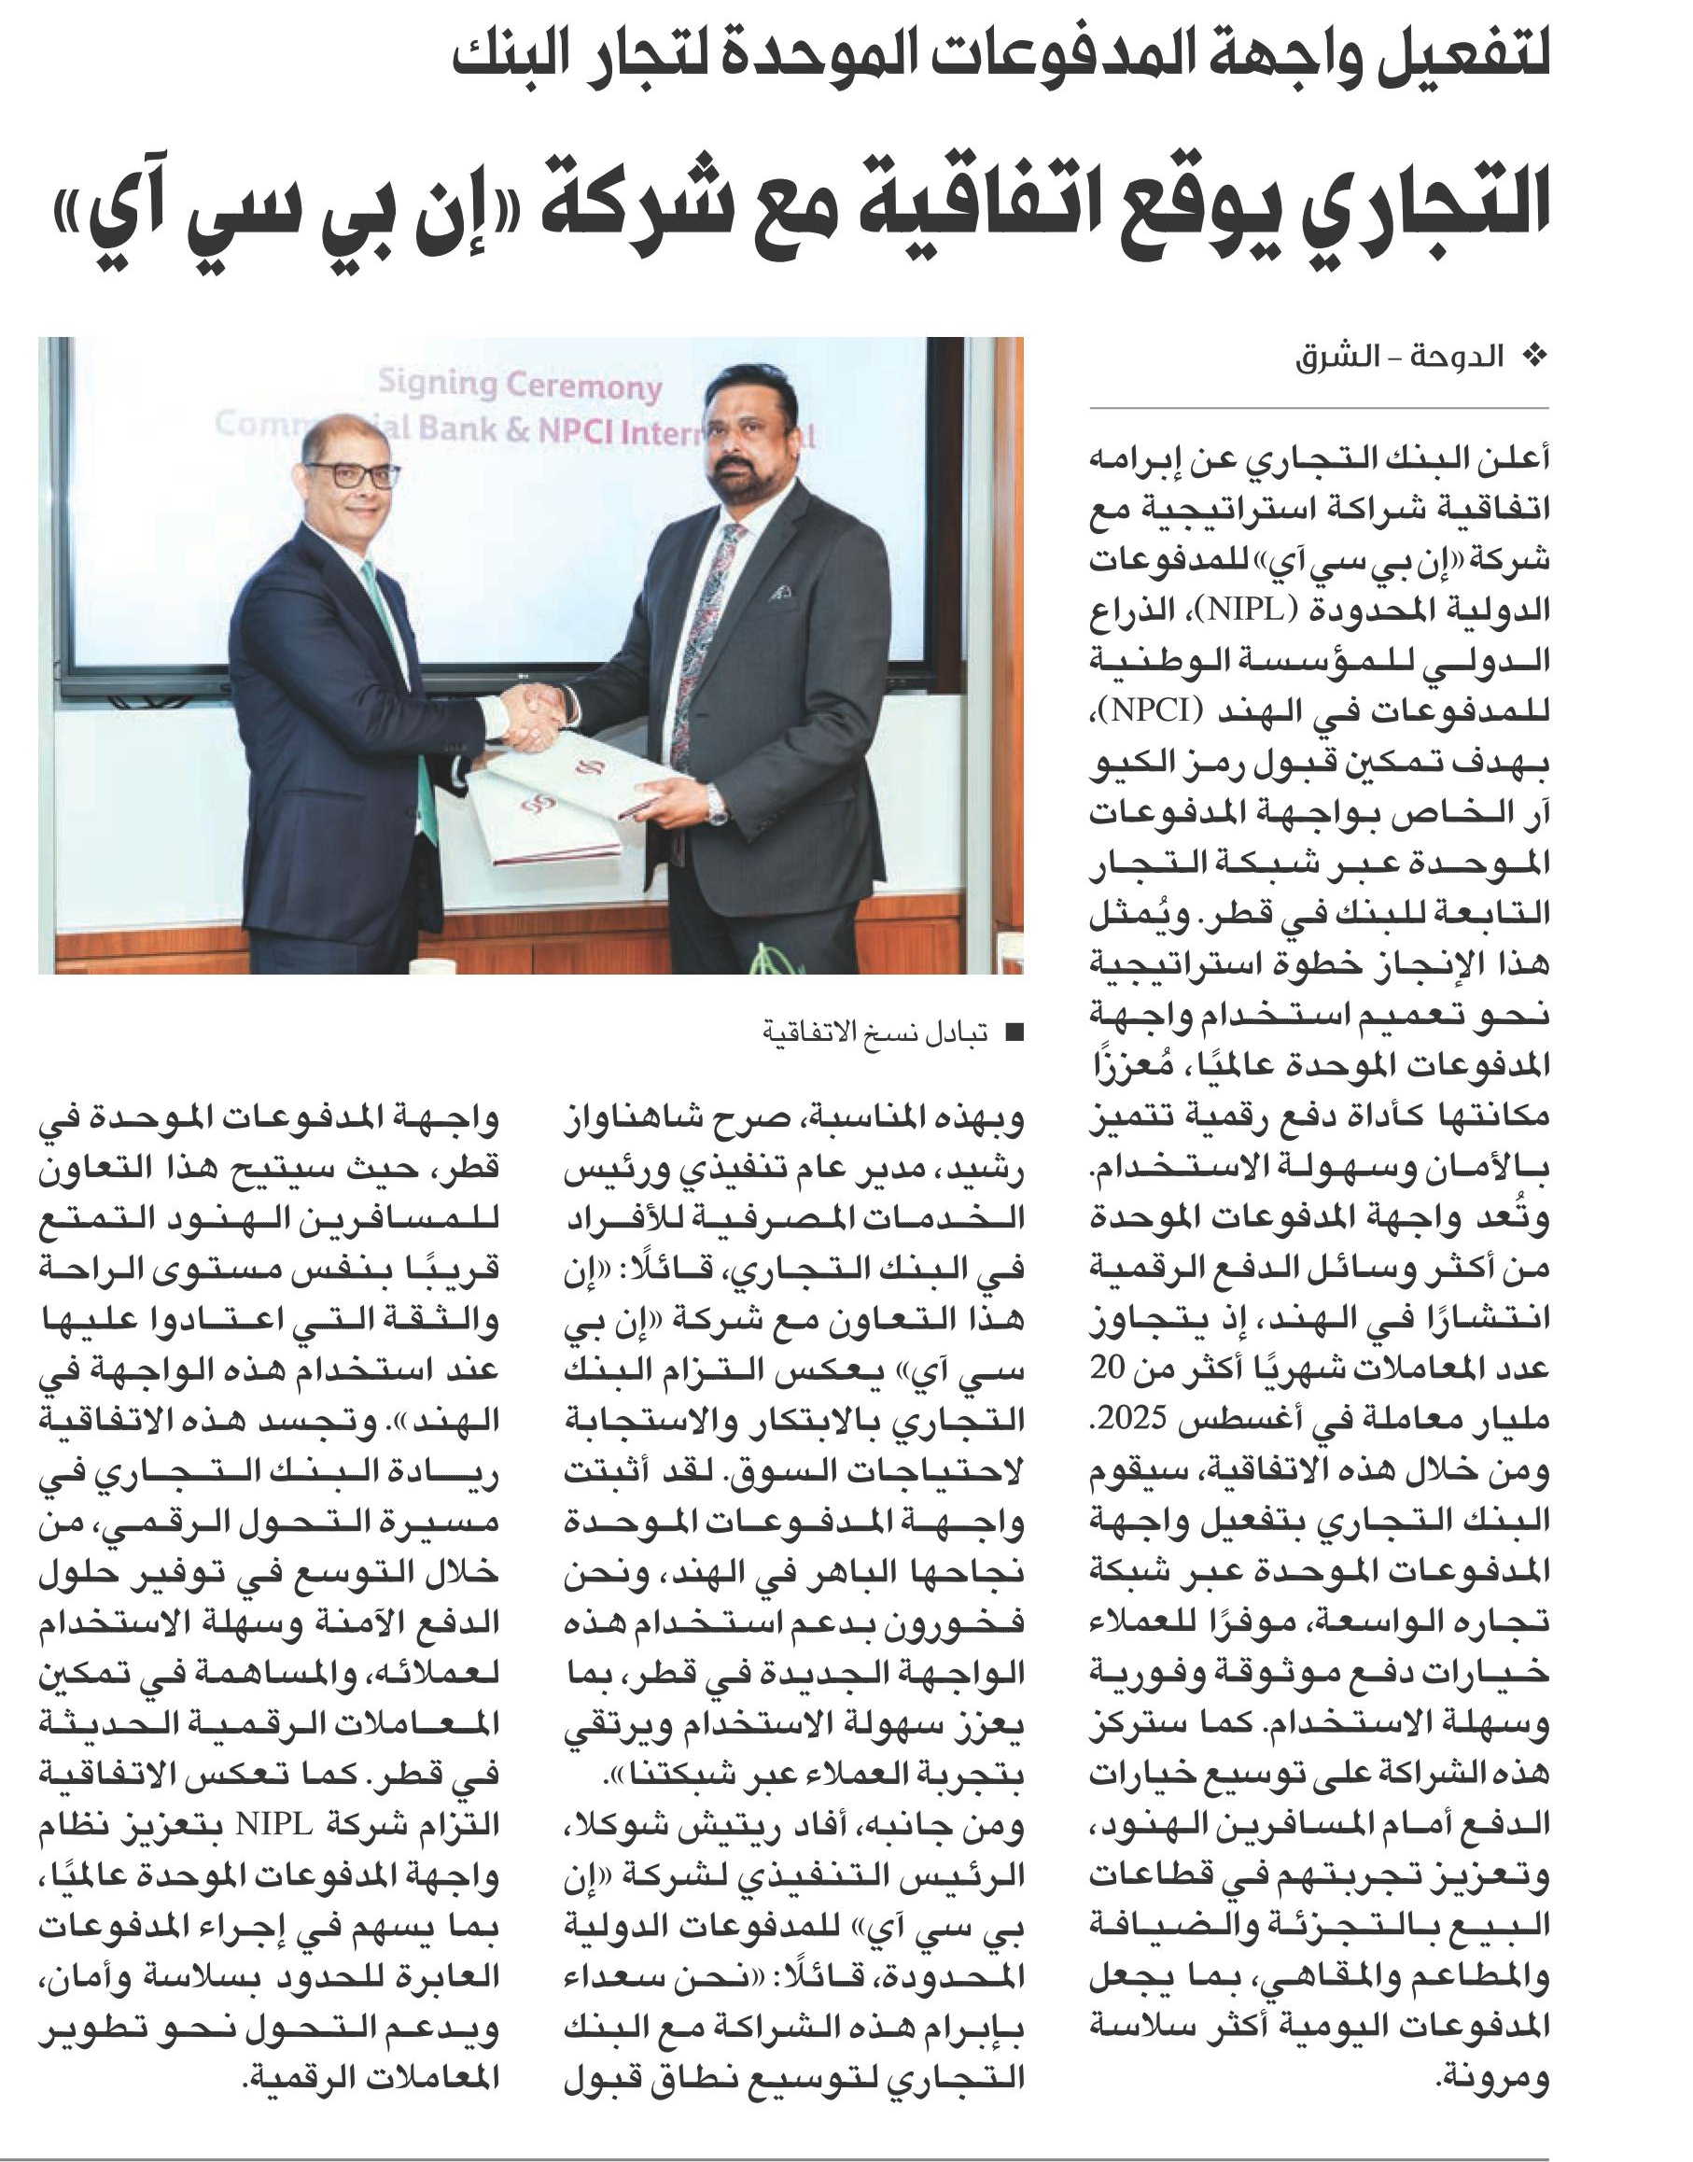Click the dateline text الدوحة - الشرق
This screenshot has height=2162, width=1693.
(x=1399, y=357)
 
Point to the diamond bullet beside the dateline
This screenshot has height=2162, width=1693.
(x=1533, y=357)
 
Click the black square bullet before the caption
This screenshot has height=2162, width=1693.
(x=1013, y=1032)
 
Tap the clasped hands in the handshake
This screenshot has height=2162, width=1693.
(x=533, y=716)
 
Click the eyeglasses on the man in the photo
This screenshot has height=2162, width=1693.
(x=354, y=474)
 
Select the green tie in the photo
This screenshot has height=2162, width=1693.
(x=406, y=684)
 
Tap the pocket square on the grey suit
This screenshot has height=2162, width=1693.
(x=782, y=592)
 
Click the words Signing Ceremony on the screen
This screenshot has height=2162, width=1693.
(x=520, y=385)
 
